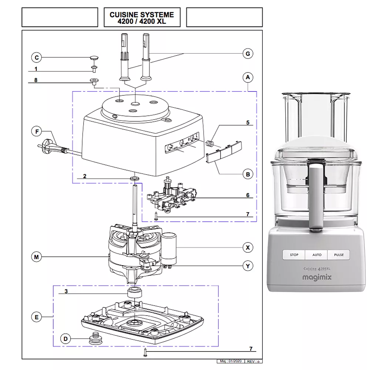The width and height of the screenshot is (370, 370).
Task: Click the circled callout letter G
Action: (x=248, y=54)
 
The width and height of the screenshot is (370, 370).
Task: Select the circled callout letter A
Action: (x=248, y=77)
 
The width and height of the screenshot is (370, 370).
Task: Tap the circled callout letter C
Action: (x=36, y=57)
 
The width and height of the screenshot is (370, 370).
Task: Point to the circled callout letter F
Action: (x=36, y=131)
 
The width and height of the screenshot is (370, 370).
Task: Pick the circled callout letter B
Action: (x=248, y=174)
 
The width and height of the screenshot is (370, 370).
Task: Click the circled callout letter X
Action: (x=248, y=247)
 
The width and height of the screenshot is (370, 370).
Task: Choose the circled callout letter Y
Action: (x=248, y=266)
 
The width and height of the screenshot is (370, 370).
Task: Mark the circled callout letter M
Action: (x=36, y=257)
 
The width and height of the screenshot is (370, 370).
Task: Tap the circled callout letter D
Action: (x=65, y=339)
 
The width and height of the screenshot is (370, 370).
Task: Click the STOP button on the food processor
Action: (x=294, y=255)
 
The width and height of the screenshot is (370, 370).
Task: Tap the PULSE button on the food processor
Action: (x=339, y=255)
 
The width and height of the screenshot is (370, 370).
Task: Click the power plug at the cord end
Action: (x=47, y=145)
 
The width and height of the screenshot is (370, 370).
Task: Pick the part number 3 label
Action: (x=66, y=291)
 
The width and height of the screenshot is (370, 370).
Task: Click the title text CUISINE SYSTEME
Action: (x=142, y=15)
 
